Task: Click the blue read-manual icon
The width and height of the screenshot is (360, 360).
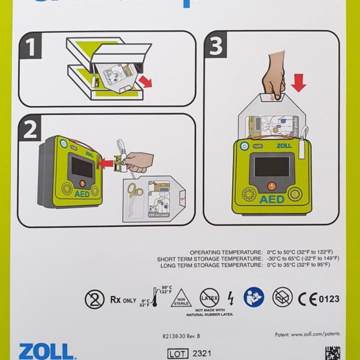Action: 253,296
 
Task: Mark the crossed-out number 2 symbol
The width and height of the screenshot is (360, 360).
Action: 93,298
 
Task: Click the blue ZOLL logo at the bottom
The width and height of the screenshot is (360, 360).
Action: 46,351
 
